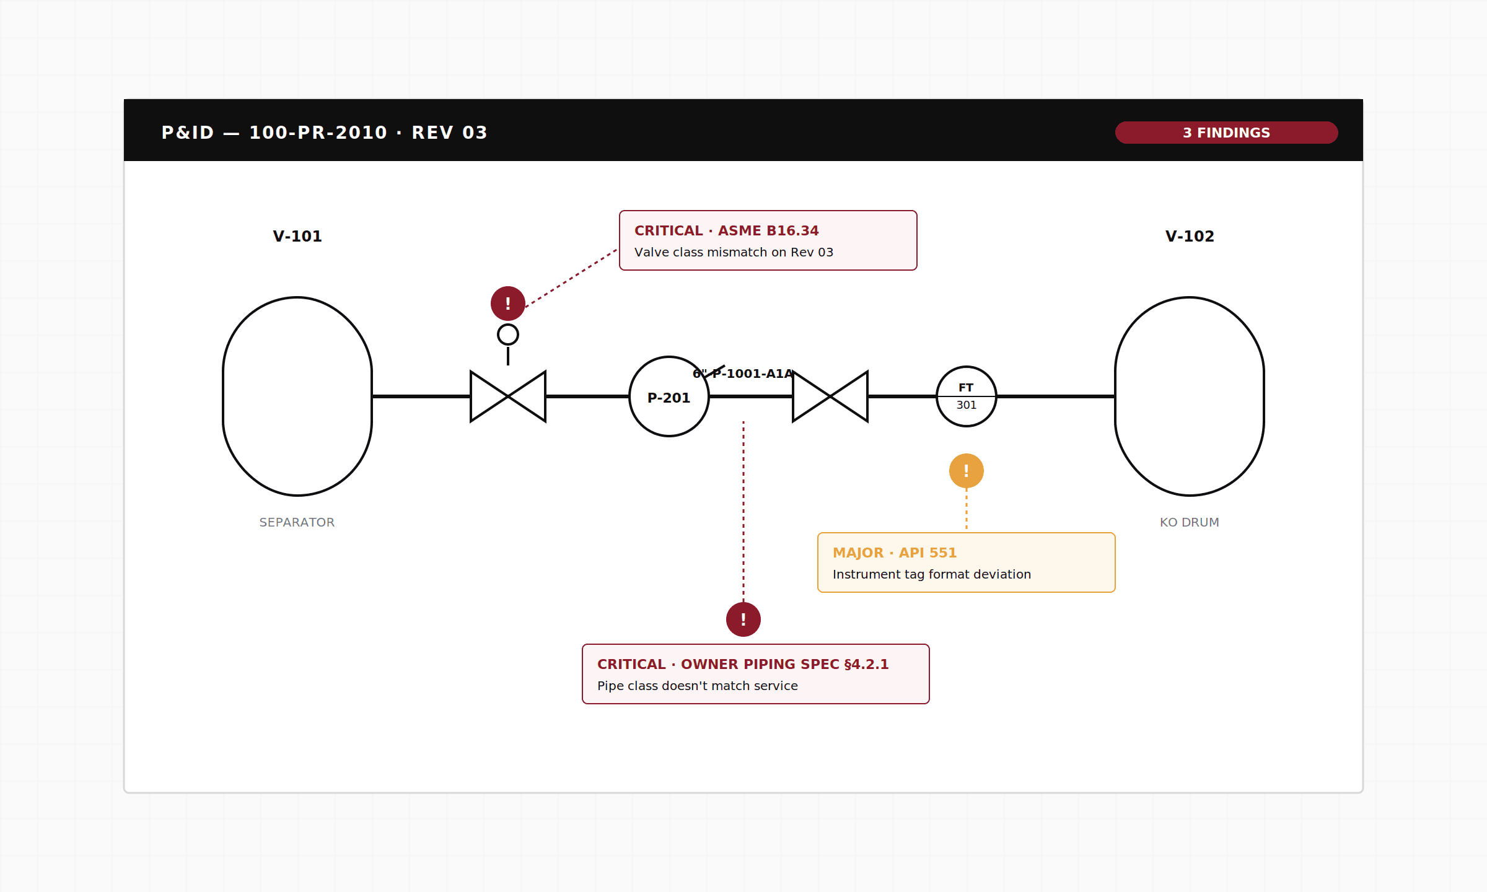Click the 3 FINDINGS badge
pyautogui.click(x=1226, y=133)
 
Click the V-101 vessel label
pyautogui.click(x=297, y=236)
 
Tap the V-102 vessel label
pyautogui.click(x=1190, y=236)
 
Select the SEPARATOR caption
pyautogui.click(x=297, y=522)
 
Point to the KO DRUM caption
pyautogui.click(x=1190, y=522)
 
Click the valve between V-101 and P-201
pyautogui.click(x=508, y=396)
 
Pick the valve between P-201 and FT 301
pyautogui.click(x=830, y=396)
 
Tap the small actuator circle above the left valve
pyautogui.click(x=508, y=325)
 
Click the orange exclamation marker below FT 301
pyautogui.click(x=967, y=471)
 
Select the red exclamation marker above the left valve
pyautogui.click(x=508, y=304)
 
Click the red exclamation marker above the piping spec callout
pyautogui.click(x=743, y=619)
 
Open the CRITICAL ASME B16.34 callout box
pyautogui.click(x=768, y=240)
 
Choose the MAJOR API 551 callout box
pyautogui.click(x=967, y=562)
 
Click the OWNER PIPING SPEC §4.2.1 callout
pyautogui.click(x=756, y=674)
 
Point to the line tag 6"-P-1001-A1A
pyautogui.click(x=743, y=374)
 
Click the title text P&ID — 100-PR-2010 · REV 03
pyautogui.click(x=325, y=133)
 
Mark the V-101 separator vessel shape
pyautogui.click(x=223, y=396)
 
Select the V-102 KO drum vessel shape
pyautogui.click(x=1115, y=396)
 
